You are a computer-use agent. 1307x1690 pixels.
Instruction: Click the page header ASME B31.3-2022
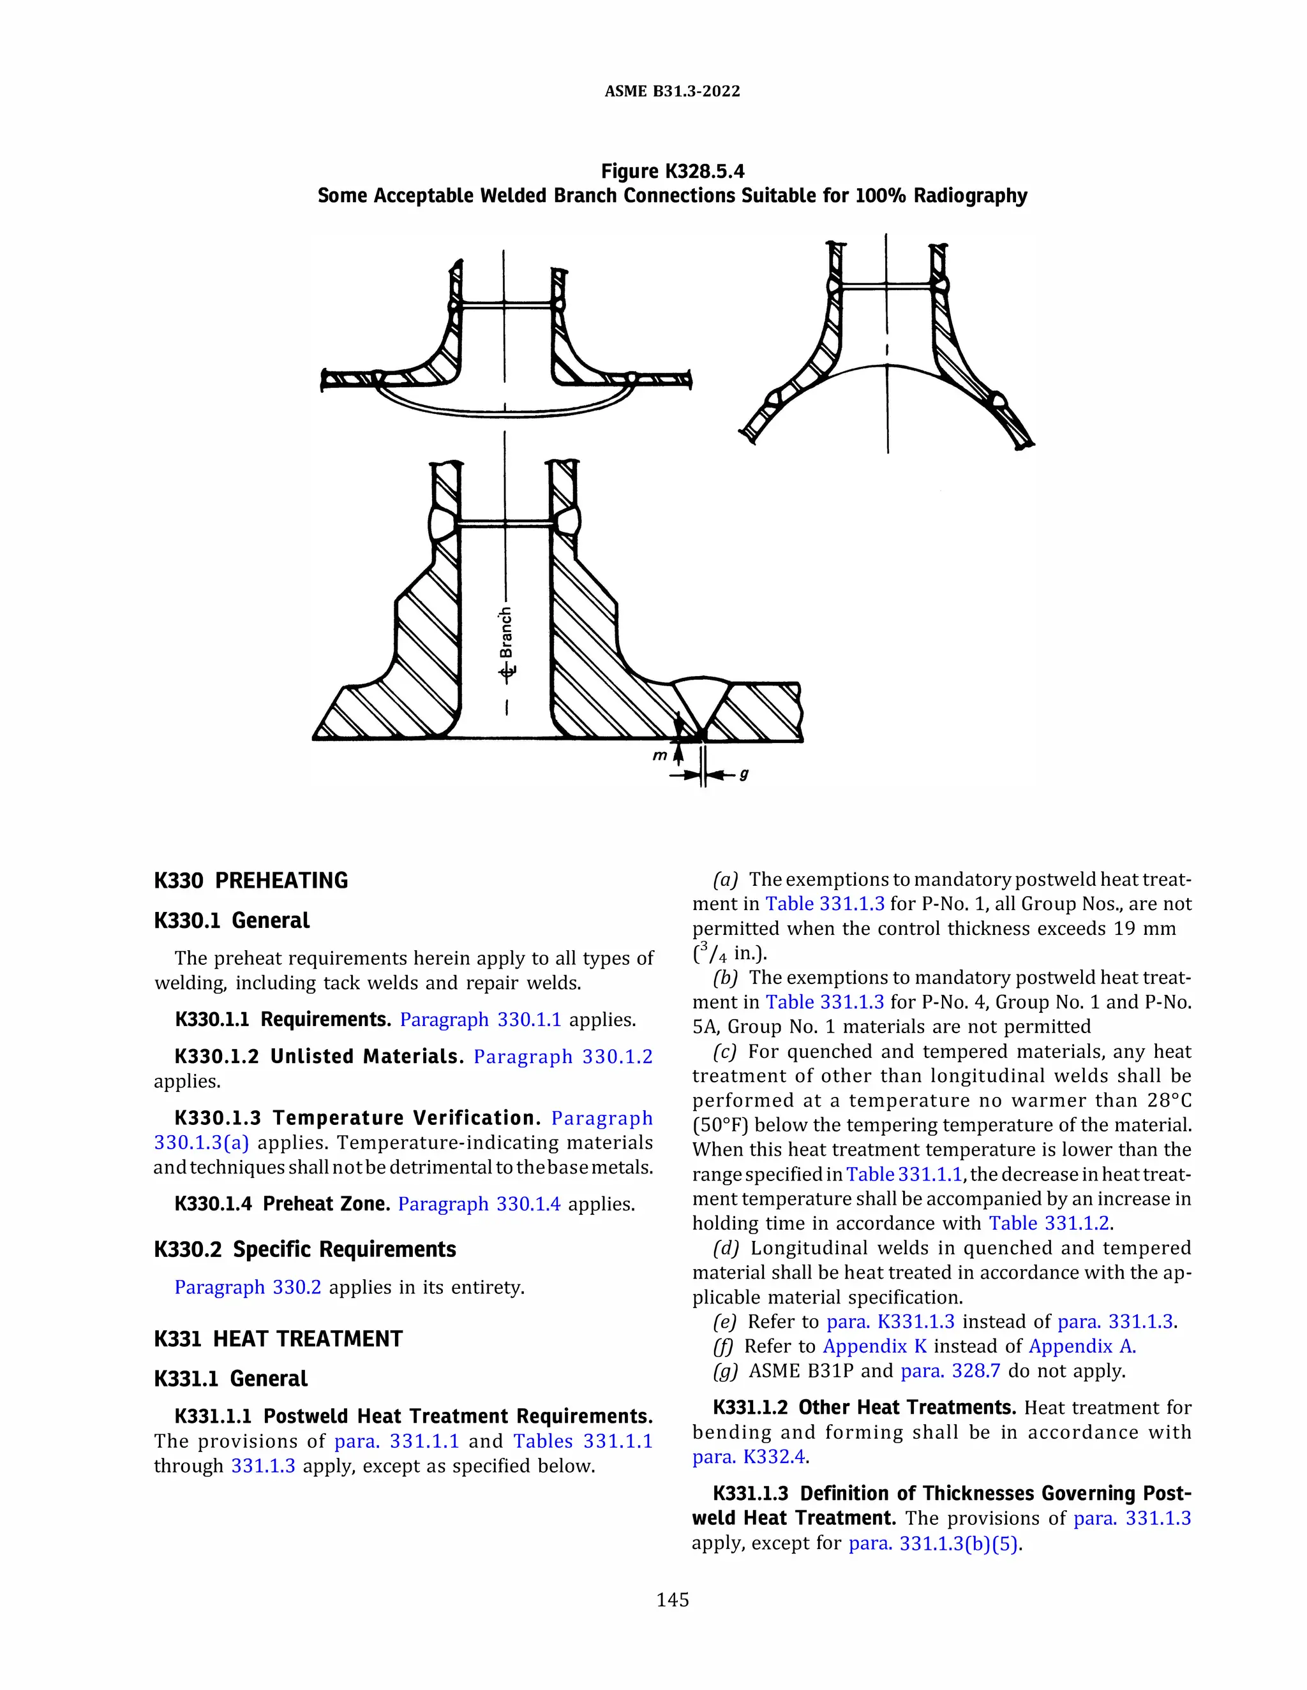click(x=672, y=91)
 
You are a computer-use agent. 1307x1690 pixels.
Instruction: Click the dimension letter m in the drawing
click(x=659, y=755)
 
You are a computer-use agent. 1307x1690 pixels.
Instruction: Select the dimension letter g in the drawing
click(x=744, y=773)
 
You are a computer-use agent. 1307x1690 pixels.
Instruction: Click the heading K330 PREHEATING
click(x=251, y=881)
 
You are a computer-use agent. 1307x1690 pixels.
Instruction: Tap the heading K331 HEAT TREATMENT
click(x=278, y=1339)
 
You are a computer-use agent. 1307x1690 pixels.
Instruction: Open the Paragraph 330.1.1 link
click(x=480, y=1019)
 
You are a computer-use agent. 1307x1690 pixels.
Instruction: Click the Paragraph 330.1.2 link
click(x=563, y=1056)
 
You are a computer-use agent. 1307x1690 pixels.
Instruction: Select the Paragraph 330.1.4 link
click(x=479, y=1204)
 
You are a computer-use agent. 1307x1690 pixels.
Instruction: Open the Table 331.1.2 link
click(x=1049, y=1223)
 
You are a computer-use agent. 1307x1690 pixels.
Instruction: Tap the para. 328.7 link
click(x=950, y=1371)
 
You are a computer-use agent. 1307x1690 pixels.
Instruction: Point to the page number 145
click(x=672, y=1600)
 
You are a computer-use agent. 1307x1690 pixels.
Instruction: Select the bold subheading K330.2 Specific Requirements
click(x=305, y=1250)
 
